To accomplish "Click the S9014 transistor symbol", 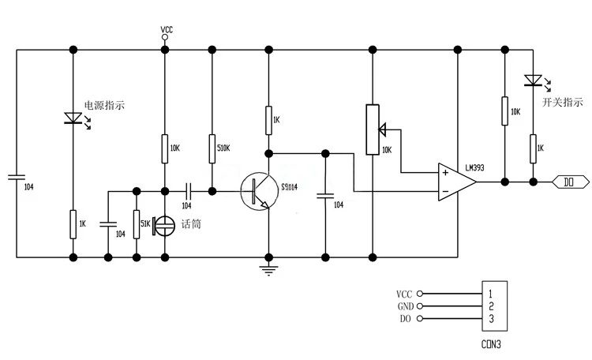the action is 260,192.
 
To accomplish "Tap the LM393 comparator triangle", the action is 457,182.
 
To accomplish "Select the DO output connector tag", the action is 570,182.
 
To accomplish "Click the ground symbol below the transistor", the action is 268,270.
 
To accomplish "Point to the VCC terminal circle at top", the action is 165,37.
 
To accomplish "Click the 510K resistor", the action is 212,149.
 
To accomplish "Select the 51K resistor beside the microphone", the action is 137,224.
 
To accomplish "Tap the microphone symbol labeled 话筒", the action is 164,226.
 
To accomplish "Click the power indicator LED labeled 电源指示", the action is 73,118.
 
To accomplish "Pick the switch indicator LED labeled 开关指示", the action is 533,81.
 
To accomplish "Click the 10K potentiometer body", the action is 373,129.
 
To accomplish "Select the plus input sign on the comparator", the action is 445,173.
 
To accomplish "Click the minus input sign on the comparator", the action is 445,192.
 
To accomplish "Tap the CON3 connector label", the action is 491,344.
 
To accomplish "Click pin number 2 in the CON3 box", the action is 491,306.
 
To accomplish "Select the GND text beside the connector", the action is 406,306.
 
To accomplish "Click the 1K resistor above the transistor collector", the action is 268,121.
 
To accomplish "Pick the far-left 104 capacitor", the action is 17,177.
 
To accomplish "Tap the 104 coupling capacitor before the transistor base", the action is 189,192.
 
